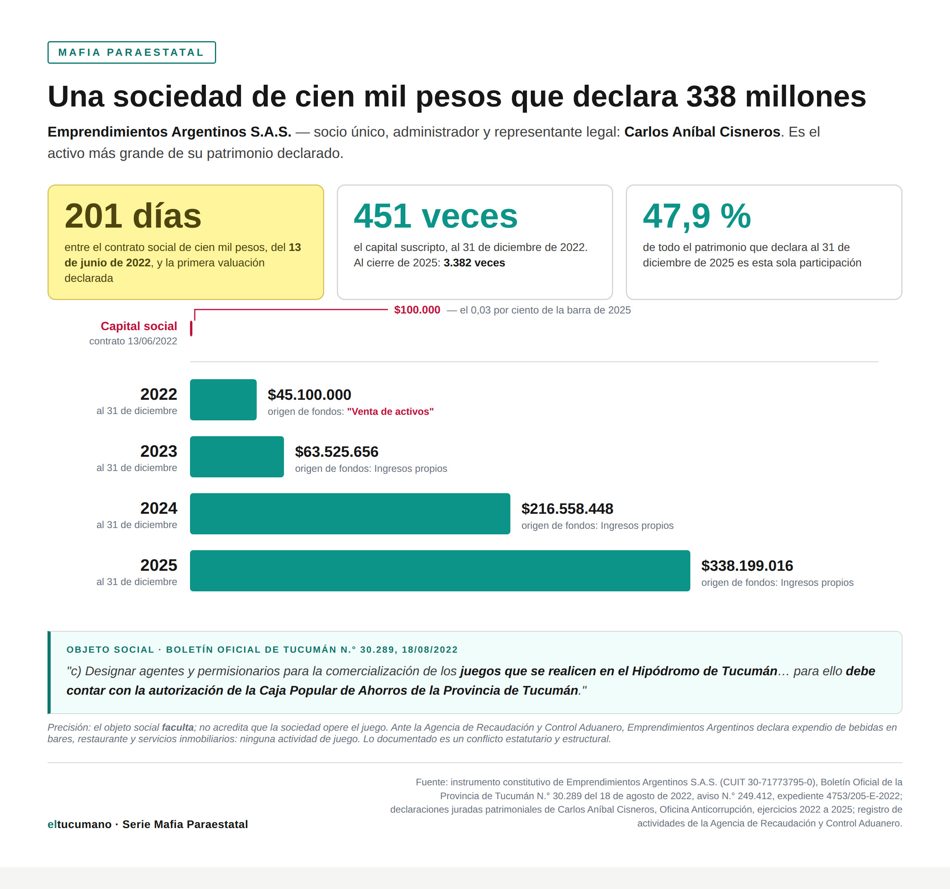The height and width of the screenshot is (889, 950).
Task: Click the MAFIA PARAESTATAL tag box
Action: click(x=131, y=53)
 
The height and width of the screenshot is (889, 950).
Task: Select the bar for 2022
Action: click(x=223, y=399)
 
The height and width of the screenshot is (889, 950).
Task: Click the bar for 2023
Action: click(x=237, y=456)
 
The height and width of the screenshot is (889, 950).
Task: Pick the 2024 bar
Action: click(x=350, y=514)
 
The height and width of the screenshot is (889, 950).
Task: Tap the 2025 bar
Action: click(x=440, y=571)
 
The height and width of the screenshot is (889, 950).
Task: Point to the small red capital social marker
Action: click(x=191, y=329)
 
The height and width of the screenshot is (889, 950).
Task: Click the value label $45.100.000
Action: click(x=309, y=395)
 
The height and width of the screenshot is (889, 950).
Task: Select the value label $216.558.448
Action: click(x=567, y=509)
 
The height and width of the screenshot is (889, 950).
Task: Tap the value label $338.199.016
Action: click(x=747, y=566)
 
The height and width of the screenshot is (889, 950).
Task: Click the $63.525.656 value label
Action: click(x=336, y=452)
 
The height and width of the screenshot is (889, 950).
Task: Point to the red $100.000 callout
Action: click(x=417, y=310)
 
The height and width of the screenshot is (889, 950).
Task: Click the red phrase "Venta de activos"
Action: click(x=390, y=412)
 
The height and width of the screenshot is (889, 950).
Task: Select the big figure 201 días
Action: click(x=133, y=216)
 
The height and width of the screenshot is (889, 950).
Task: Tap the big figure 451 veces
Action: click(x=435, y=216)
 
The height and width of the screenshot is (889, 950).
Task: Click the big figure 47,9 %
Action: click(x=697, y=216)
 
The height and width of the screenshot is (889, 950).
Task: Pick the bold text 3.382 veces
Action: click(x=474, y=263)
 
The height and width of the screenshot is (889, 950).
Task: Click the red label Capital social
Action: click(x=139, y=326)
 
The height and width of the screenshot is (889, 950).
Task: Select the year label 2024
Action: click(x=159, y=508)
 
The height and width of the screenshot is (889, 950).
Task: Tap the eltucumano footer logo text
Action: click(x=79, y=824)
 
